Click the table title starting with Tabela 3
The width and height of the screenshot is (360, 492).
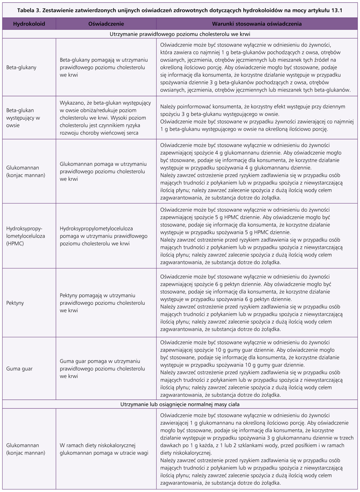pos(180,10)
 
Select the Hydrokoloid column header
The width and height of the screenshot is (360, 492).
pos(29,24)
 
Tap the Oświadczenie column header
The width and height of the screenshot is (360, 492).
pos(106,24)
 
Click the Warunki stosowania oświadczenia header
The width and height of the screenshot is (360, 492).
pos(257,24)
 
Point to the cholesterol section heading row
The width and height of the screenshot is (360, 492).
pos(180,34)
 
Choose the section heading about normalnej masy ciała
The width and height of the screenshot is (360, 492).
pos(180,404)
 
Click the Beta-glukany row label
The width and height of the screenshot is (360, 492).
pos(21,68)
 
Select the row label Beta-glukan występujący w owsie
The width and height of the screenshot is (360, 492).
pos(23,118)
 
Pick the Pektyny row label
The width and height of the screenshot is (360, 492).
pos(15,303)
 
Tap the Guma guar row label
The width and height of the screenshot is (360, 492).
pos(19,369)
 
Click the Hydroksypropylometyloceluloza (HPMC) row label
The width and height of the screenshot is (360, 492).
pos(26,236)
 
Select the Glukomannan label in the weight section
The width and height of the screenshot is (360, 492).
pos(26,449)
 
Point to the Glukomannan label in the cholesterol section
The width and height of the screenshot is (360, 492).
pos(26,171)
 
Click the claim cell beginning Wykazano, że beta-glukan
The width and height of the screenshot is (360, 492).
pos(105,118)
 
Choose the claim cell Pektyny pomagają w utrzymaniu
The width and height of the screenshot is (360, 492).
pos(102,303)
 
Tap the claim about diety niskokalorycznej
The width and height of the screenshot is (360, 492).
pos(104,449)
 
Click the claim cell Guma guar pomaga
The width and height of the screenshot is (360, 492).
pos(102,369)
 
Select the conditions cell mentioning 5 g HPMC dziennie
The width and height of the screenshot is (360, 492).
pos(251,236)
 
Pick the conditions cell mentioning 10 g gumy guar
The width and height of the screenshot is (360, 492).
pos(251,369)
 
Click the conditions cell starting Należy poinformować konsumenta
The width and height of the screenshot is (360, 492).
pos(257,118)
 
